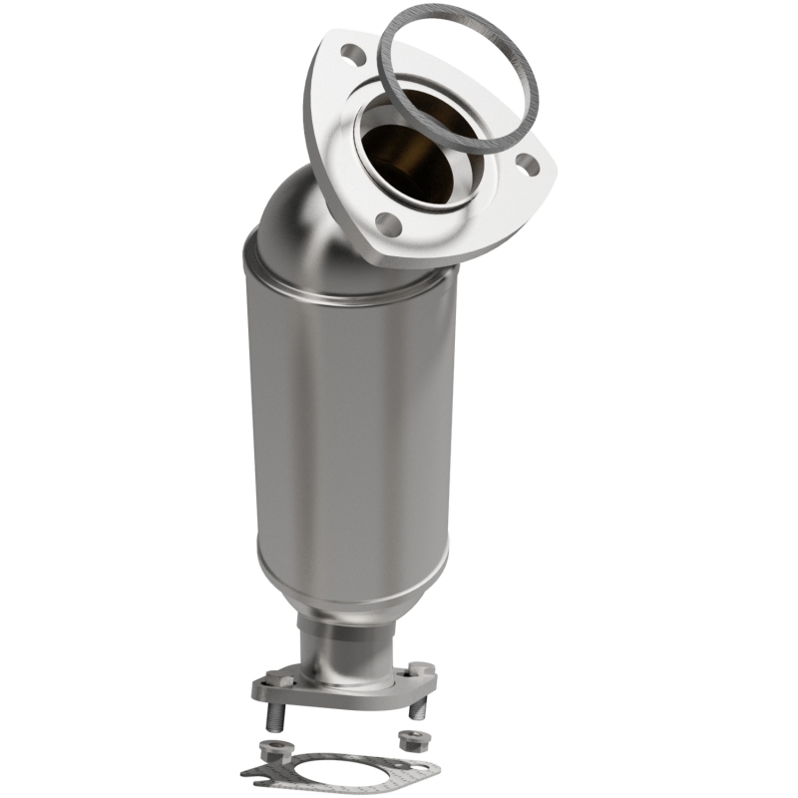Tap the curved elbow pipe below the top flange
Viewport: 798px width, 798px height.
(299, 214)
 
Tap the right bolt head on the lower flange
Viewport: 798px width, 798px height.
(421, 668)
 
